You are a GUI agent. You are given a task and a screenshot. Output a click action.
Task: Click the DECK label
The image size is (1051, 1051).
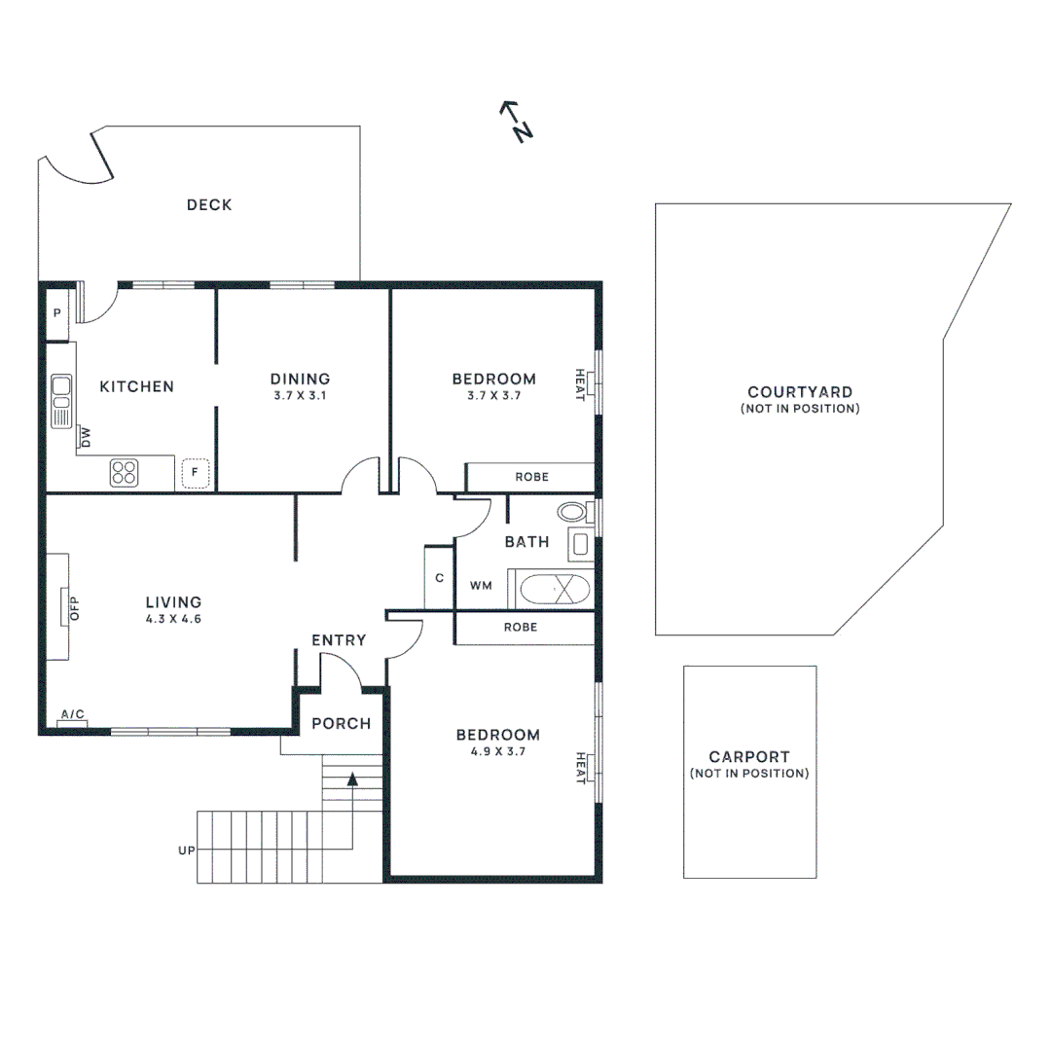click(x=209, y=204)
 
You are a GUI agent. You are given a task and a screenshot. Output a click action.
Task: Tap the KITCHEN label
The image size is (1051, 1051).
click(x=137, y=386)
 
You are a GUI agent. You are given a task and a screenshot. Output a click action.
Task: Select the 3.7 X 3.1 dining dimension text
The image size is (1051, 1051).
click(x=300, y=396)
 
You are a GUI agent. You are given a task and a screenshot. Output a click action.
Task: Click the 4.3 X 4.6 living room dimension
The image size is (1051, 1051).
click(x=173, y=618)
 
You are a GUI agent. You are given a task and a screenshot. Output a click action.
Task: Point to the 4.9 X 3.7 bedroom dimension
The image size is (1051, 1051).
click(x=499, y=751)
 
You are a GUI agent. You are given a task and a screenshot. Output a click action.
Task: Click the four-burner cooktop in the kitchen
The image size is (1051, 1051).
click(x=124, y=473)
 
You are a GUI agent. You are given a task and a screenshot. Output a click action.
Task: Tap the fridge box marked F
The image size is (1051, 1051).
click(x=195, y=473)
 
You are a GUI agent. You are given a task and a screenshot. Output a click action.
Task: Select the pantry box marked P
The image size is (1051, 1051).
click(x=57, y=313)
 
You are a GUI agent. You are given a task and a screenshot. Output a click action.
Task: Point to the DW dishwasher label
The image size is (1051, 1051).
click(x=86, y=437)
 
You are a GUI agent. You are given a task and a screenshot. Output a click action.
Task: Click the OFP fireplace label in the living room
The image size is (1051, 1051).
click(x=72, y=606)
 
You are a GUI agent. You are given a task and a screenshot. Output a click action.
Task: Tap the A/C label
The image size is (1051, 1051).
click(x=73, y=715)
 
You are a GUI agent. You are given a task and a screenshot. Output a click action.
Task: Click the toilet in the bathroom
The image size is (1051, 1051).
click(x=573, y=512)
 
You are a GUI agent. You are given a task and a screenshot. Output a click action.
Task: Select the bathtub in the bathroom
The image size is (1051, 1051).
click(x=555, y=590)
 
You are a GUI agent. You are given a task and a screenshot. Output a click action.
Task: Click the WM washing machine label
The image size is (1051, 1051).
click(x=481, y=586)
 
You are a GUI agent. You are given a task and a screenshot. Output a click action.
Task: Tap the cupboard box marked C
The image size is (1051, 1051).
click(x=439, y=578)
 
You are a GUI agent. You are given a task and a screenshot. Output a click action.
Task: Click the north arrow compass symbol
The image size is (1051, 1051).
click(x=515, y=122)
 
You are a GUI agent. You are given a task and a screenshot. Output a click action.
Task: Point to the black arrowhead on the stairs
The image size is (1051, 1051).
click(x=352, y=778)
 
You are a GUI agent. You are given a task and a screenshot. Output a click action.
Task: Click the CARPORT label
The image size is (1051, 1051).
click(x=748, y=756)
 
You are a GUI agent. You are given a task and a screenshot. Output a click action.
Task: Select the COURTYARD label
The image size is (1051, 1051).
click(x=800, y=392)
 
